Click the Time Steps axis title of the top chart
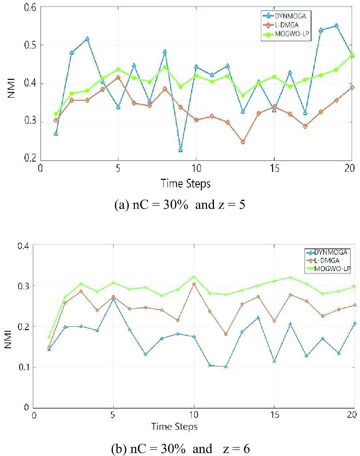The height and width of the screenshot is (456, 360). point(185,183)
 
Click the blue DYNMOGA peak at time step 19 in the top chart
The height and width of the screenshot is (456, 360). point(336,26)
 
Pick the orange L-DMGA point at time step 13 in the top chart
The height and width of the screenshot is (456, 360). point(243,142)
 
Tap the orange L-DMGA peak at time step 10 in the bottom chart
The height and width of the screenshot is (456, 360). point(194,284)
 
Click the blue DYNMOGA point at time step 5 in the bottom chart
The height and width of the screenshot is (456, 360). point(114,299)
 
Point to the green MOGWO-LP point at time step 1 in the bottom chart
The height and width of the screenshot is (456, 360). point(49,337)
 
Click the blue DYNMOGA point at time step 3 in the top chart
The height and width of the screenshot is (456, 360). point(87,39)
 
